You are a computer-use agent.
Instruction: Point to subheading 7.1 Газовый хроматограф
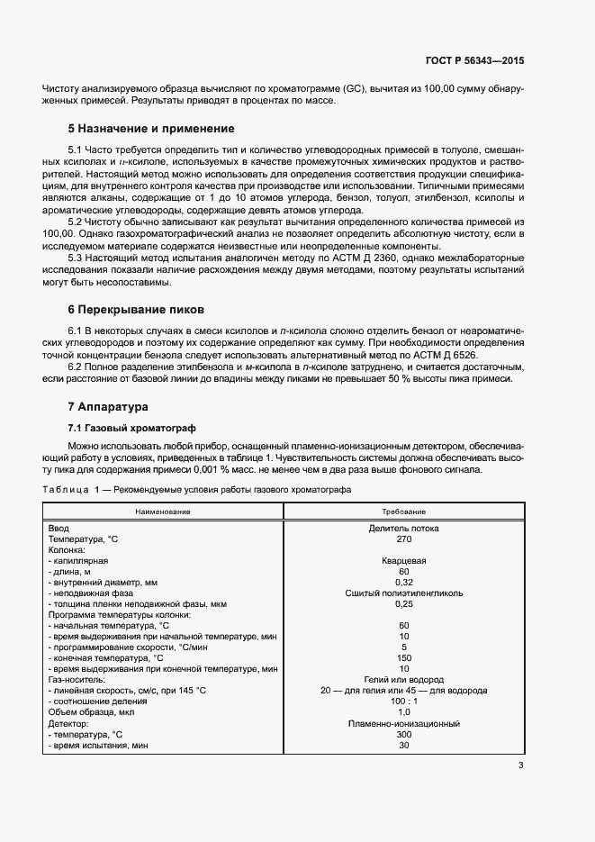(x=131, y=427)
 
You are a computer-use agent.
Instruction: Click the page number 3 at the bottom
(x=521, y=766)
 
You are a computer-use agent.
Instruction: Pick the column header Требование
(x=403, y=511)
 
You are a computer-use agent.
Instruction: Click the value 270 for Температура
(x=403, y=539)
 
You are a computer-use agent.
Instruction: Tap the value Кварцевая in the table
(x=403, y=560)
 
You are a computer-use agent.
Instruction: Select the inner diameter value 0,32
(x=403, y=582)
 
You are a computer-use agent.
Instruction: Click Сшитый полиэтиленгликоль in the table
(x=403, y=593)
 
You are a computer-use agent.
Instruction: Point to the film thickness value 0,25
(x=403, y=603)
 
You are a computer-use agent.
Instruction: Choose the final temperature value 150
(x=403, y=657)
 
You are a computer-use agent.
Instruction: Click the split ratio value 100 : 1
(x=403, y=701)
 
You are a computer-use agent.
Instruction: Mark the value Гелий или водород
(x=403, y=679)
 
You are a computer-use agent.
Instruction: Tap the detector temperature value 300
(x=403, y=734)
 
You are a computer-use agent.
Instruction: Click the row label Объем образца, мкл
(x=92, y=711)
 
